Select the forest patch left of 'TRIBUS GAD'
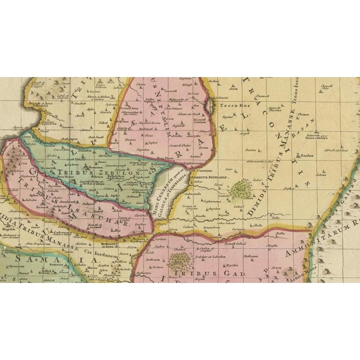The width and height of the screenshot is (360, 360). point(179,260)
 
